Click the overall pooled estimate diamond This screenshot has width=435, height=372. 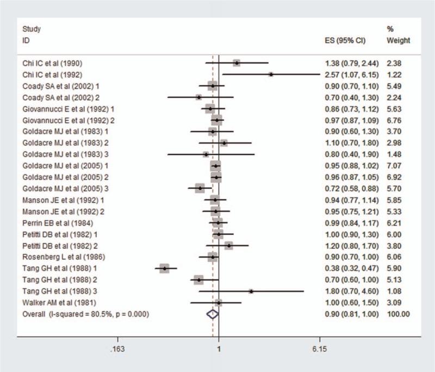pyautogui.click(x=213, y=314)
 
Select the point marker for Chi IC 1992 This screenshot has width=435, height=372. pyautogui.click(x=271, y=74)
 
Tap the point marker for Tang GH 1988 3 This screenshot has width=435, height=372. pyautogui.click(x=251, y=291)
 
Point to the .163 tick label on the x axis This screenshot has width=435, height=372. pyautogui.click(x=117, y=350)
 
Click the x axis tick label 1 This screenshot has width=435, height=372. pyautogui.click(x=219, y=350)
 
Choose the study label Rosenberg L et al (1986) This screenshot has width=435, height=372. pyautogui.click(x=56, y=257)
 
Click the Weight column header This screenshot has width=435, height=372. pyautogui.click(x=398, y=41)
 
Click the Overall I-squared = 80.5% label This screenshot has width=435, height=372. pyautogui.click(x=85, y=314)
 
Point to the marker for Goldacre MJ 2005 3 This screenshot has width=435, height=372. pyautogui.click(x=200, y=188)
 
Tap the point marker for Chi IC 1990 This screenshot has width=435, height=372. pyautogui.click(x=237, y=63)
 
